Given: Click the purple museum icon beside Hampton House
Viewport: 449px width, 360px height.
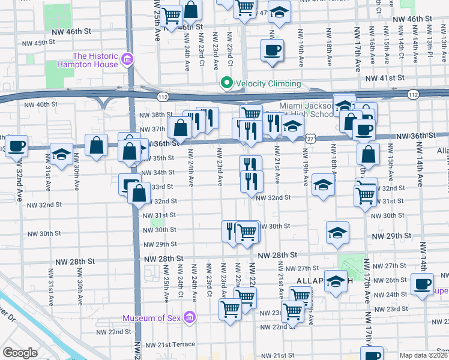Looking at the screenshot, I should (x=127, y=59).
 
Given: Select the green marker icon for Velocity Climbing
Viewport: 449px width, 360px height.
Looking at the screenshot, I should (x=226, y=83).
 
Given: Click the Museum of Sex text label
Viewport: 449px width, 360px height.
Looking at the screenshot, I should (x=152, y=317).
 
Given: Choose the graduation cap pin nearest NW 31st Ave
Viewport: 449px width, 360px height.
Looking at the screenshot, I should (x=61, y=154).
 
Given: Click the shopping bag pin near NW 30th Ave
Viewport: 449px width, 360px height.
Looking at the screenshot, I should (x=96, y=145).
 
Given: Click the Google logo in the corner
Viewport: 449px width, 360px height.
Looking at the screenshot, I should (x=20, y=353).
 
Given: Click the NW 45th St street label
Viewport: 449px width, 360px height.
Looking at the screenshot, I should (x=40, y=43).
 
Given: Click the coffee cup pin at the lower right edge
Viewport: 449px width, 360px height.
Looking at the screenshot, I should (x=422, y=283).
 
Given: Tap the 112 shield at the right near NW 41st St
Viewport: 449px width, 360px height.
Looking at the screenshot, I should (x=412, y=95).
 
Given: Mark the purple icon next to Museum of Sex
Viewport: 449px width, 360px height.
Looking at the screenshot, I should (x=190, y=317).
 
